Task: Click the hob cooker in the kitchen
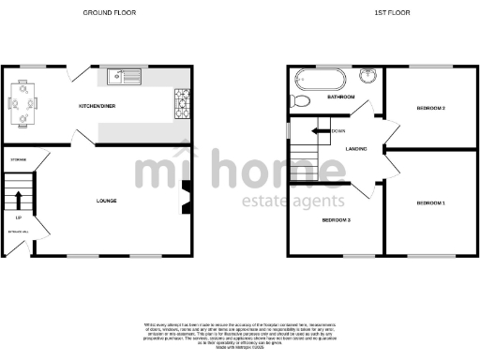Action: coord(181,103)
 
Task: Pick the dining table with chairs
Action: coord(23,99)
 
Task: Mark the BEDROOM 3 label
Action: coord(336,220)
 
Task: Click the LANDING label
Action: coord(355,149)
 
